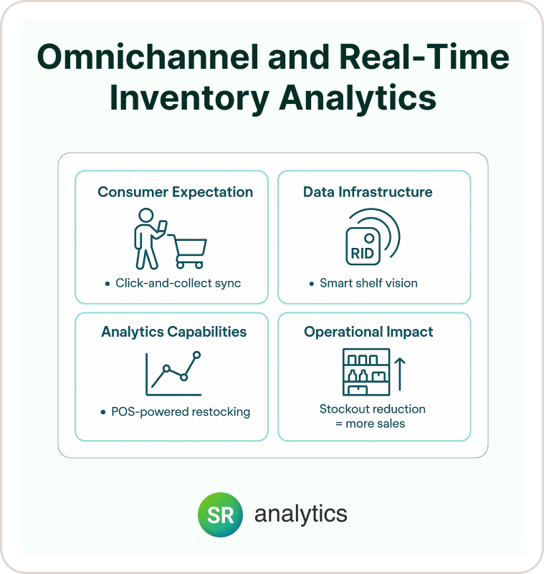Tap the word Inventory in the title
pos(189,98)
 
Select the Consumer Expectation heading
pos(176,192)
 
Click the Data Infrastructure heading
pos(368,192)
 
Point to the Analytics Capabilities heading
pos(174,332)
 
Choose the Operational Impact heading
pos(368,332)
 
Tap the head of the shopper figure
pos(146,215)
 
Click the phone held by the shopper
pos(162,226)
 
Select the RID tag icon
pos(363,246)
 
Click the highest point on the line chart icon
pos(196,355)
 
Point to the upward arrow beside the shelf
pos(400,374)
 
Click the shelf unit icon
pos(366,372)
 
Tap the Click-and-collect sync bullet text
pos(178,283)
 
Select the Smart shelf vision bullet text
pos(368,283)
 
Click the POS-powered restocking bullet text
pos(181,412)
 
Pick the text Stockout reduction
pos(372,409)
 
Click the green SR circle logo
pos(220,515)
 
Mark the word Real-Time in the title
pos(424,57)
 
